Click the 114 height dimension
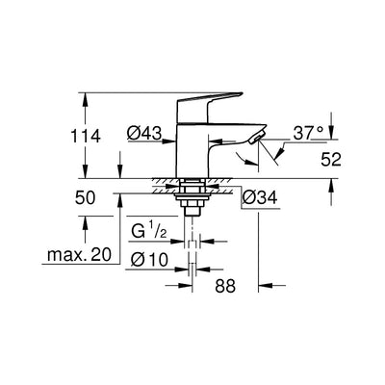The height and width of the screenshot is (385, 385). coord(86,137)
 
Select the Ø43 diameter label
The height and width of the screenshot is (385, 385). coord(144,133)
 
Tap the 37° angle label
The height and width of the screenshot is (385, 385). coord(308,133)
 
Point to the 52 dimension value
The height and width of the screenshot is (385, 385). coord(331,159)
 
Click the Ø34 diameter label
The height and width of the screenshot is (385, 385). coord(260,197)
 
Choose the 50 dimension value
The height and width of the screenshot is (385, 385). coord(85,197)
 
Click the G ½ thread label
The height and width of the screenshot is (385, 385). coord(149,231)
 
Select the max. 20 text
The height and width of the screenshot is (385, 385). coord(79,255)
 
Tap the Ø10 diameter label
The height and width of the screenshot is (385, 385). coord(149,259)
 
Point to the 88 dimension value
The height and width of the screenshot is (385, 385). coord(225,286)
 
